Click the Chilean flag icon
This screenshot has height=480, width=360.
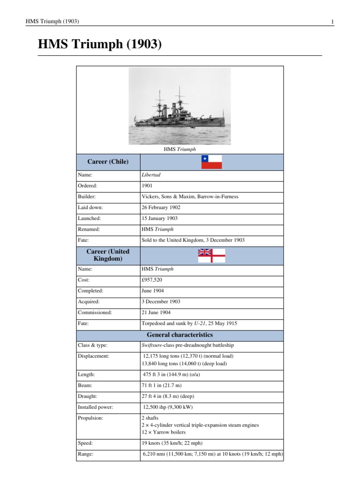[211, 162]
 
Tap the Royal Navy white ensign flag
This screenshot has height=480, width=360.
[211, 255]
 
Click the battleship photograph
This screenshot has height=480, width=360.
[180, 105]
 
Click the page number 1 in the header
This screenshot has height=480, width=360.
[332, 22]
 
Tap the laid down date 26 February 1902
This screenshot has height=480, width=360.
[161, 208]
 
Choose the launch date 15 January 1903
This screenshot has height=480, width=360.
[159, 218]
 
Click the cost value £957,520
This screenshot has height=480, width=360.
[152, 280]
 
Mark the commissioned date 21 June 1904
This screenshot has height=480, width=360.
[156, 312]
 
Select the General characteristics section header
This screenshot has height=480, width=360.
[180, 335]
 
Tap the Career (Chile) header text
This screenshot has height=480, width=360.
[108, 162]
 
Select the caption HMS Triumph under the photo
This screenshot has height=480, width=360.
[180, 150]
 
